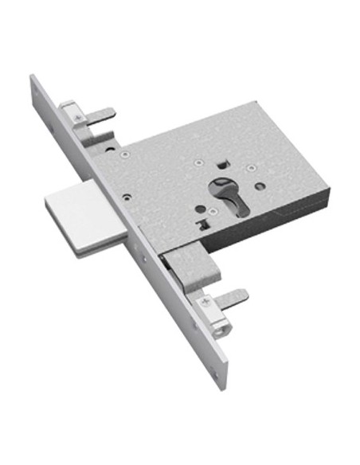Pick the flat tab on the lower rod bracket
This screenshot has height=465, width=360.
[x=233, y=298]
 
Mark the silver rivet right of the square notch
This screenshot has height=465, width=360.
[x=251, y=168]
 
